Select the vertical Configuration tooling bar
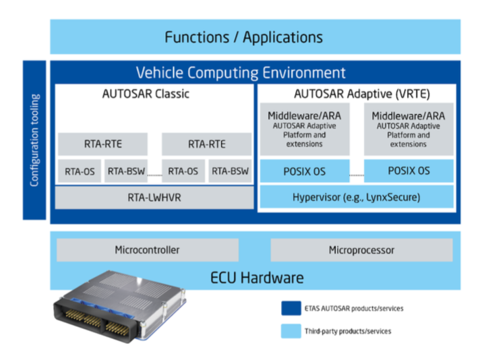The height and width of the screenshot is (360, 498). tap(34, 140)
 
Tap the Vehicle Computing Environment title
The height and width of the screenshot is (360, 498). tap(241, 73)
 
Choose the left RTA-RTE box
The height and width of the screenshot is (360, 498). tap(102, 144)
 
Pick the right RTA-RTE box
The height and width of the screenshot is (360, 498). tap(206, 144)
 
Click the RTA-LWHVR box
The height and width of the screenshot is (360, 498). tap(153, 198)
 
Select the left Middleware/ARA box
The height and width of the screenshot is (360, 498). tap(305, 129)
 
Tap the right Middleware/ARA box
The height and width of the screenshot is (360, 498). tap(408, 129)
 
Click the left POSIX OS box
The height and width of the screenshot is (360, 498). tap(305, 171)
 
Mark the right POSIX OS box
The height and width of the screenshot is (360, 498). tap(408, 171)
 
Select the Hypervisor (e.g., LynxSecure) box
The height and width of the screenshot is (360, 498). tap(356, 198)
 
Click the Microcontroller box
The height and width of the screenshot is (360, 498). tap(147, 250)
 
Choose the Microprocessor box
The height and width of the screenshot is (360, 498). tap(361, 250)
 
